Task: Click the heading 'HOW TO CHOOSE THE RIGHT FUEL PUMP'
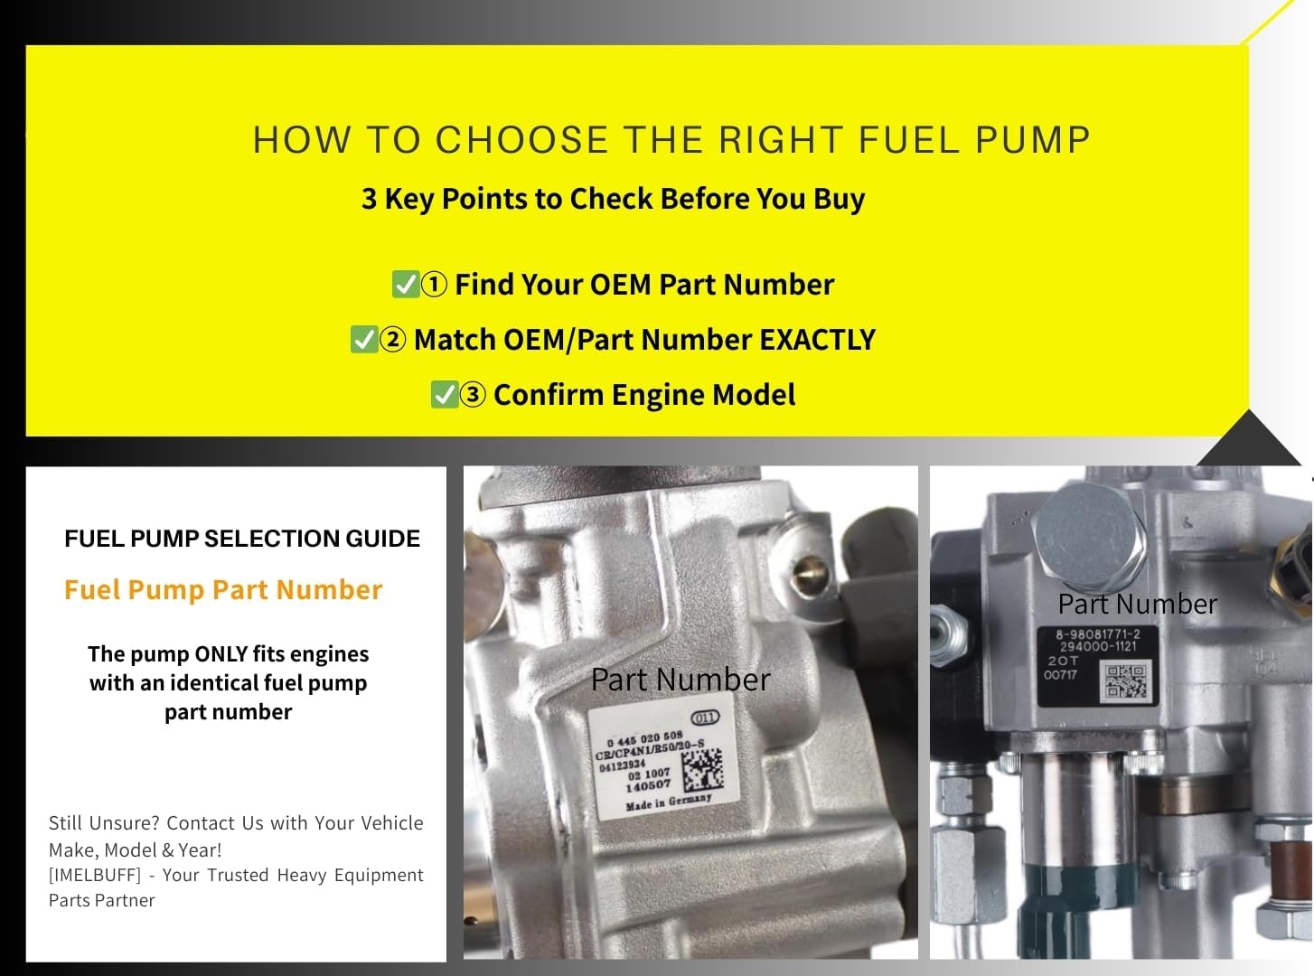point(671,141)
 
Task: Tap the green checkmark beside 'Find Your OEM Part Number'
point(405,285)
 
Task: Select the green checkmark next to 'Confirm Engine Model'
point(444,395)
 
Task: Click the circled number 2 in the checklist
point(392,340)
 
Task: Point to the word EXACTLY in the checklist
point(817,340)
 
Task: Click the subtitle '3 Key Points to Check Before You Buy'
point(613,199)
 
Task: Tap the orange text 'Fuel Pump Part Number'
point(223,590)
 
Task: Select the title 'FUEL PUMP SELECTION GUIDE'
point(242,539)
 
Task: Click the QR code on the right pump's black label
point(1126,681)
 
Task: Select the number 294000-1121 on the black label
point(1098,646)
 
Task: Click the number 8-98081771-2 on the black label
point(1098,633)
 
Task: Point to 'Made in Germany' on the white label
point(668,802)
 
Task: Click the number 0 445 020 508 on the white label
point(644,738)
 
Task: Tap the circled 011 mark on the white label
point(705,718)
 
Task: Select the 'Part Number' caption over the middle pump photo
point(680,680)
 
